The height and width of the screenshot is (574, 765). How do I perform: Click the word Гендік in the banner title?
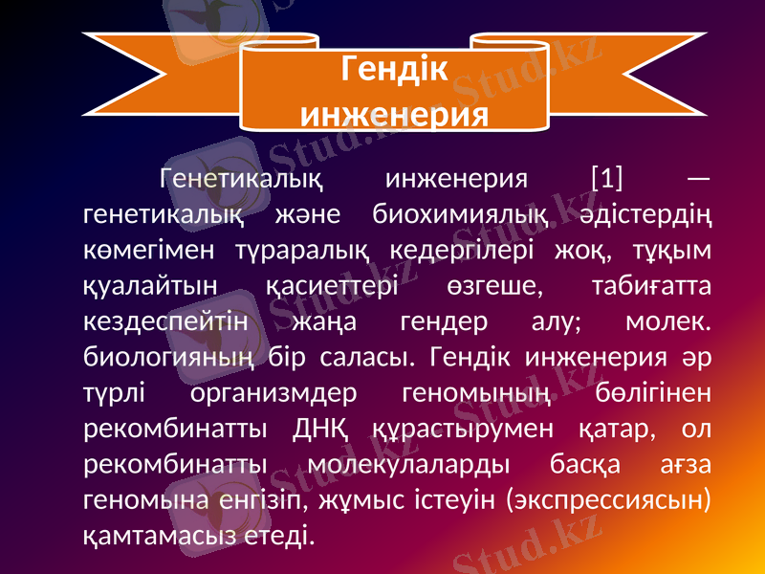(393, 70)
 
